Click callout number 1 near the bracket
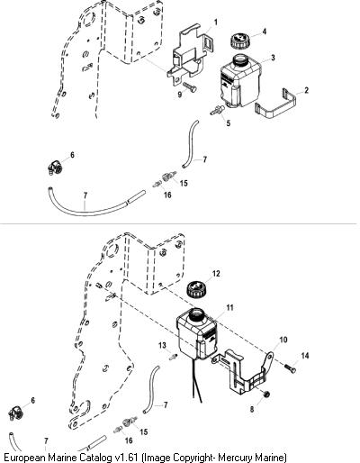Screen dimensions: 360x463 coord(215,23)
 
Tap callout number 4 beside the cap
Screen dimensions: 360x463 coord(265,32)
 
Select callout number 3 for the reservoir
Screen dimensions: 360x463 coord(273,58)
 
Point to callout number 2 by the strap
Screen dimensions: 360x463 coord(306,90)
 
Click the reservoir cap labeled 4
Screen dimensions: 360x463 coord(239,41)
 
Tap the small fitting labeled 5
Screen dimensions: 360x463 coord(218,110)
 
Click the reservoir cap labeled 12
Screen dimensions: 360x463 coord(196,289)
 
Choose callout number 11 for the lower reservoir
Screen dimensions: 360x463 coord(229,308)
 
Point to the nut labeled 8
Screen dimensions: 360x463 coord(265,394)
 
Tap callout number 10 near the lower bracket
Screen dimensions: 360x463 coord(283,340)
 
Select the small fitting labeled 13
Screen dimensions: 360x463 coord(173,357)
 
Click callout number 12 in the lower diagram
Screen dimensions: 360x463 coord(216,274)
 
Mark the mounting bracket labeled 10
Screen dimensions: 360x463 coord(243,372)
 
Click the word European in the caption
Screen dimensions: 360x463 coord(24,458)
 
